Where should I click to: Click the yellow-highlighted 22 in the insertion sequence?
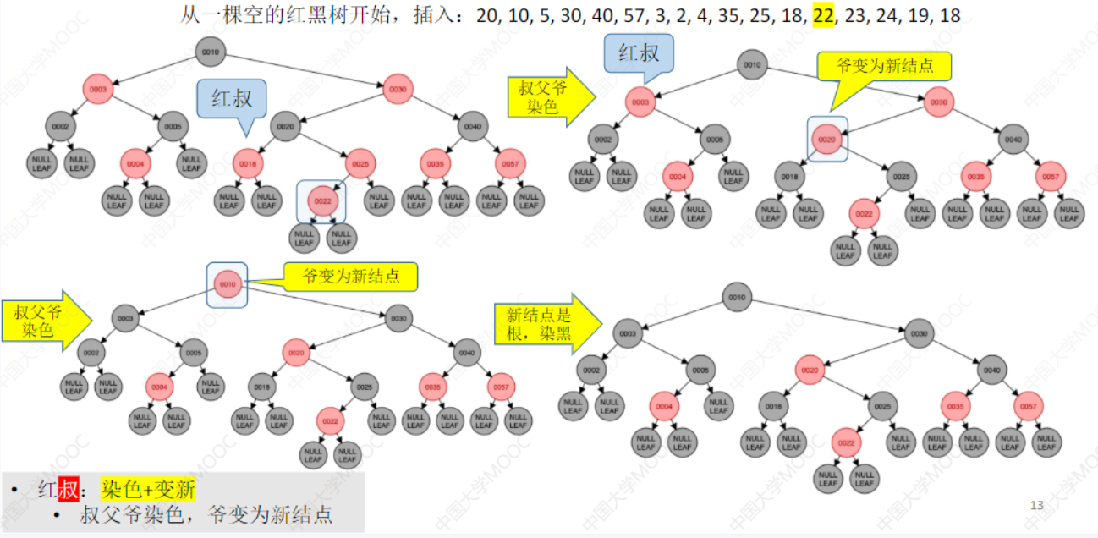[x=822, y=15]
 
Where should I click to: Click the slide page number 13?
[x=1037, y=506]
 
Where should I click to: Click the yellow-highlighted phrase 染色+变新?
[x=148, y=490]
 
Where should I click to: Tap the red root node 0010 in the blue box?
[x=228, y=284]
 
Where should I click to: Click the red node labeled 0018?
[x=248, y=163]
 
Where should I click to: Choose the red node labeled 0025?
[x=360, y=163]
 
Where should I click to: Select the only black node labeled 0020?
[x=285, y=127]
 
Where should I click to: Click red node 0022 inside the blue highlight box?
[x=321, y=201]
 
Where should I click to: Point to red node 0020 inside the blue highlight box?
[x=826, y=140]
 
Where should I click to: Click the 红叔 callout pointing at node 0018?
[x=231, y=98]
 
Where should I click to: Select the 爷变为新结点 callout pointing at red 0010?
[x=350, y=275]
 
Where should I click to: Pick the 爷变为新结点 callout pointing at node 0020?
[x=883, y=65]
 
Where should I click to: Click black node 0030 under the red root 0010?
[x=399, y=319]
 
